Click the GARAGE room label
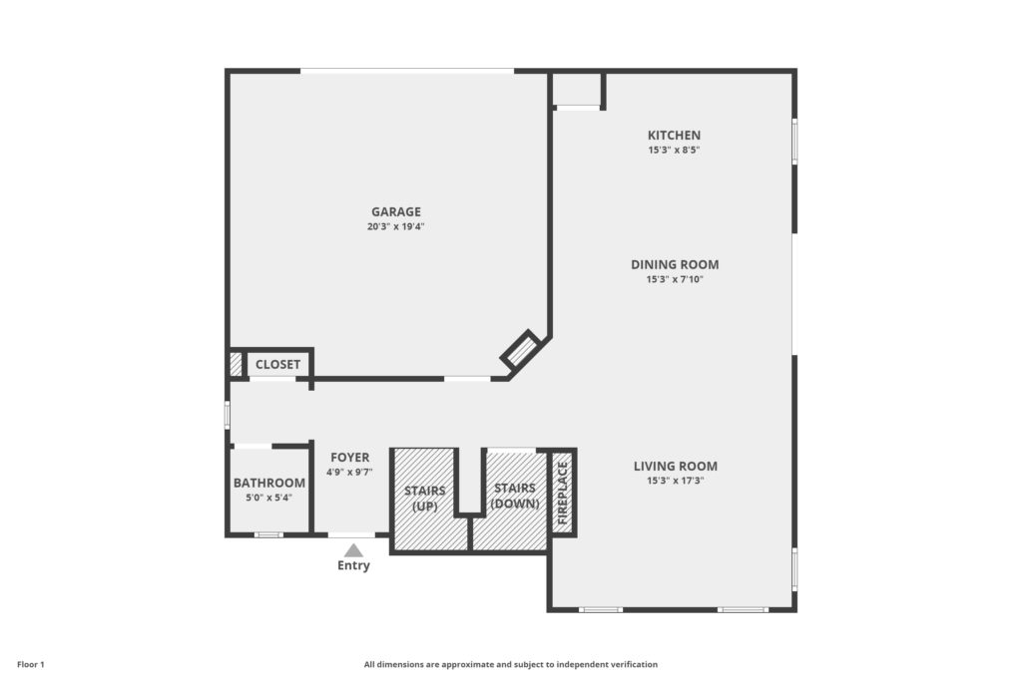[x=395, y=211]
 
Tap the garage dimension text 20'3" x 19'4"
[x=395, y=226]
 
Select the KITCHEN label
[x=674, y=136]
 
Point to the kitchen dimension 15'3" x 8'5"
[x=674, y=150]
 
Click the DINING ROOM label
[x=675, y=264]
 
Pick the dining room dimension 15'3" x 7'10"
[x=675, y=279]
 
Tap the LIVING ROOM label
[x=676, y=467]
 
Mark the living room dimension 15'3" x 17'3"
[x=676, y=481]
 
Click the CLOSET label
[x=277, y=365]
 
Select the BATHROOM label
[x=269, y=483]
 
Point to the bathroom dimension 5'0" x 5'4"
[x=269, y=498]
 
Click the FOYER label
[x=350, y=458]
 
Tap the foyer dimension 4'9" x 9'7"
[x=350, y=472]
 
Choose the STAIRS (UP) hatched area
[x=424, y=499]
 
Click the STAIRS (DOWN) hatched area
[x=515, y=498]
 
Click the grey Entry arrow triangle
[x=353, y=550]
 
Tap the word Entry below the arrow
[x=353, y=565]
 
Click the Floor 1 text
[x=31, y=665]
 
